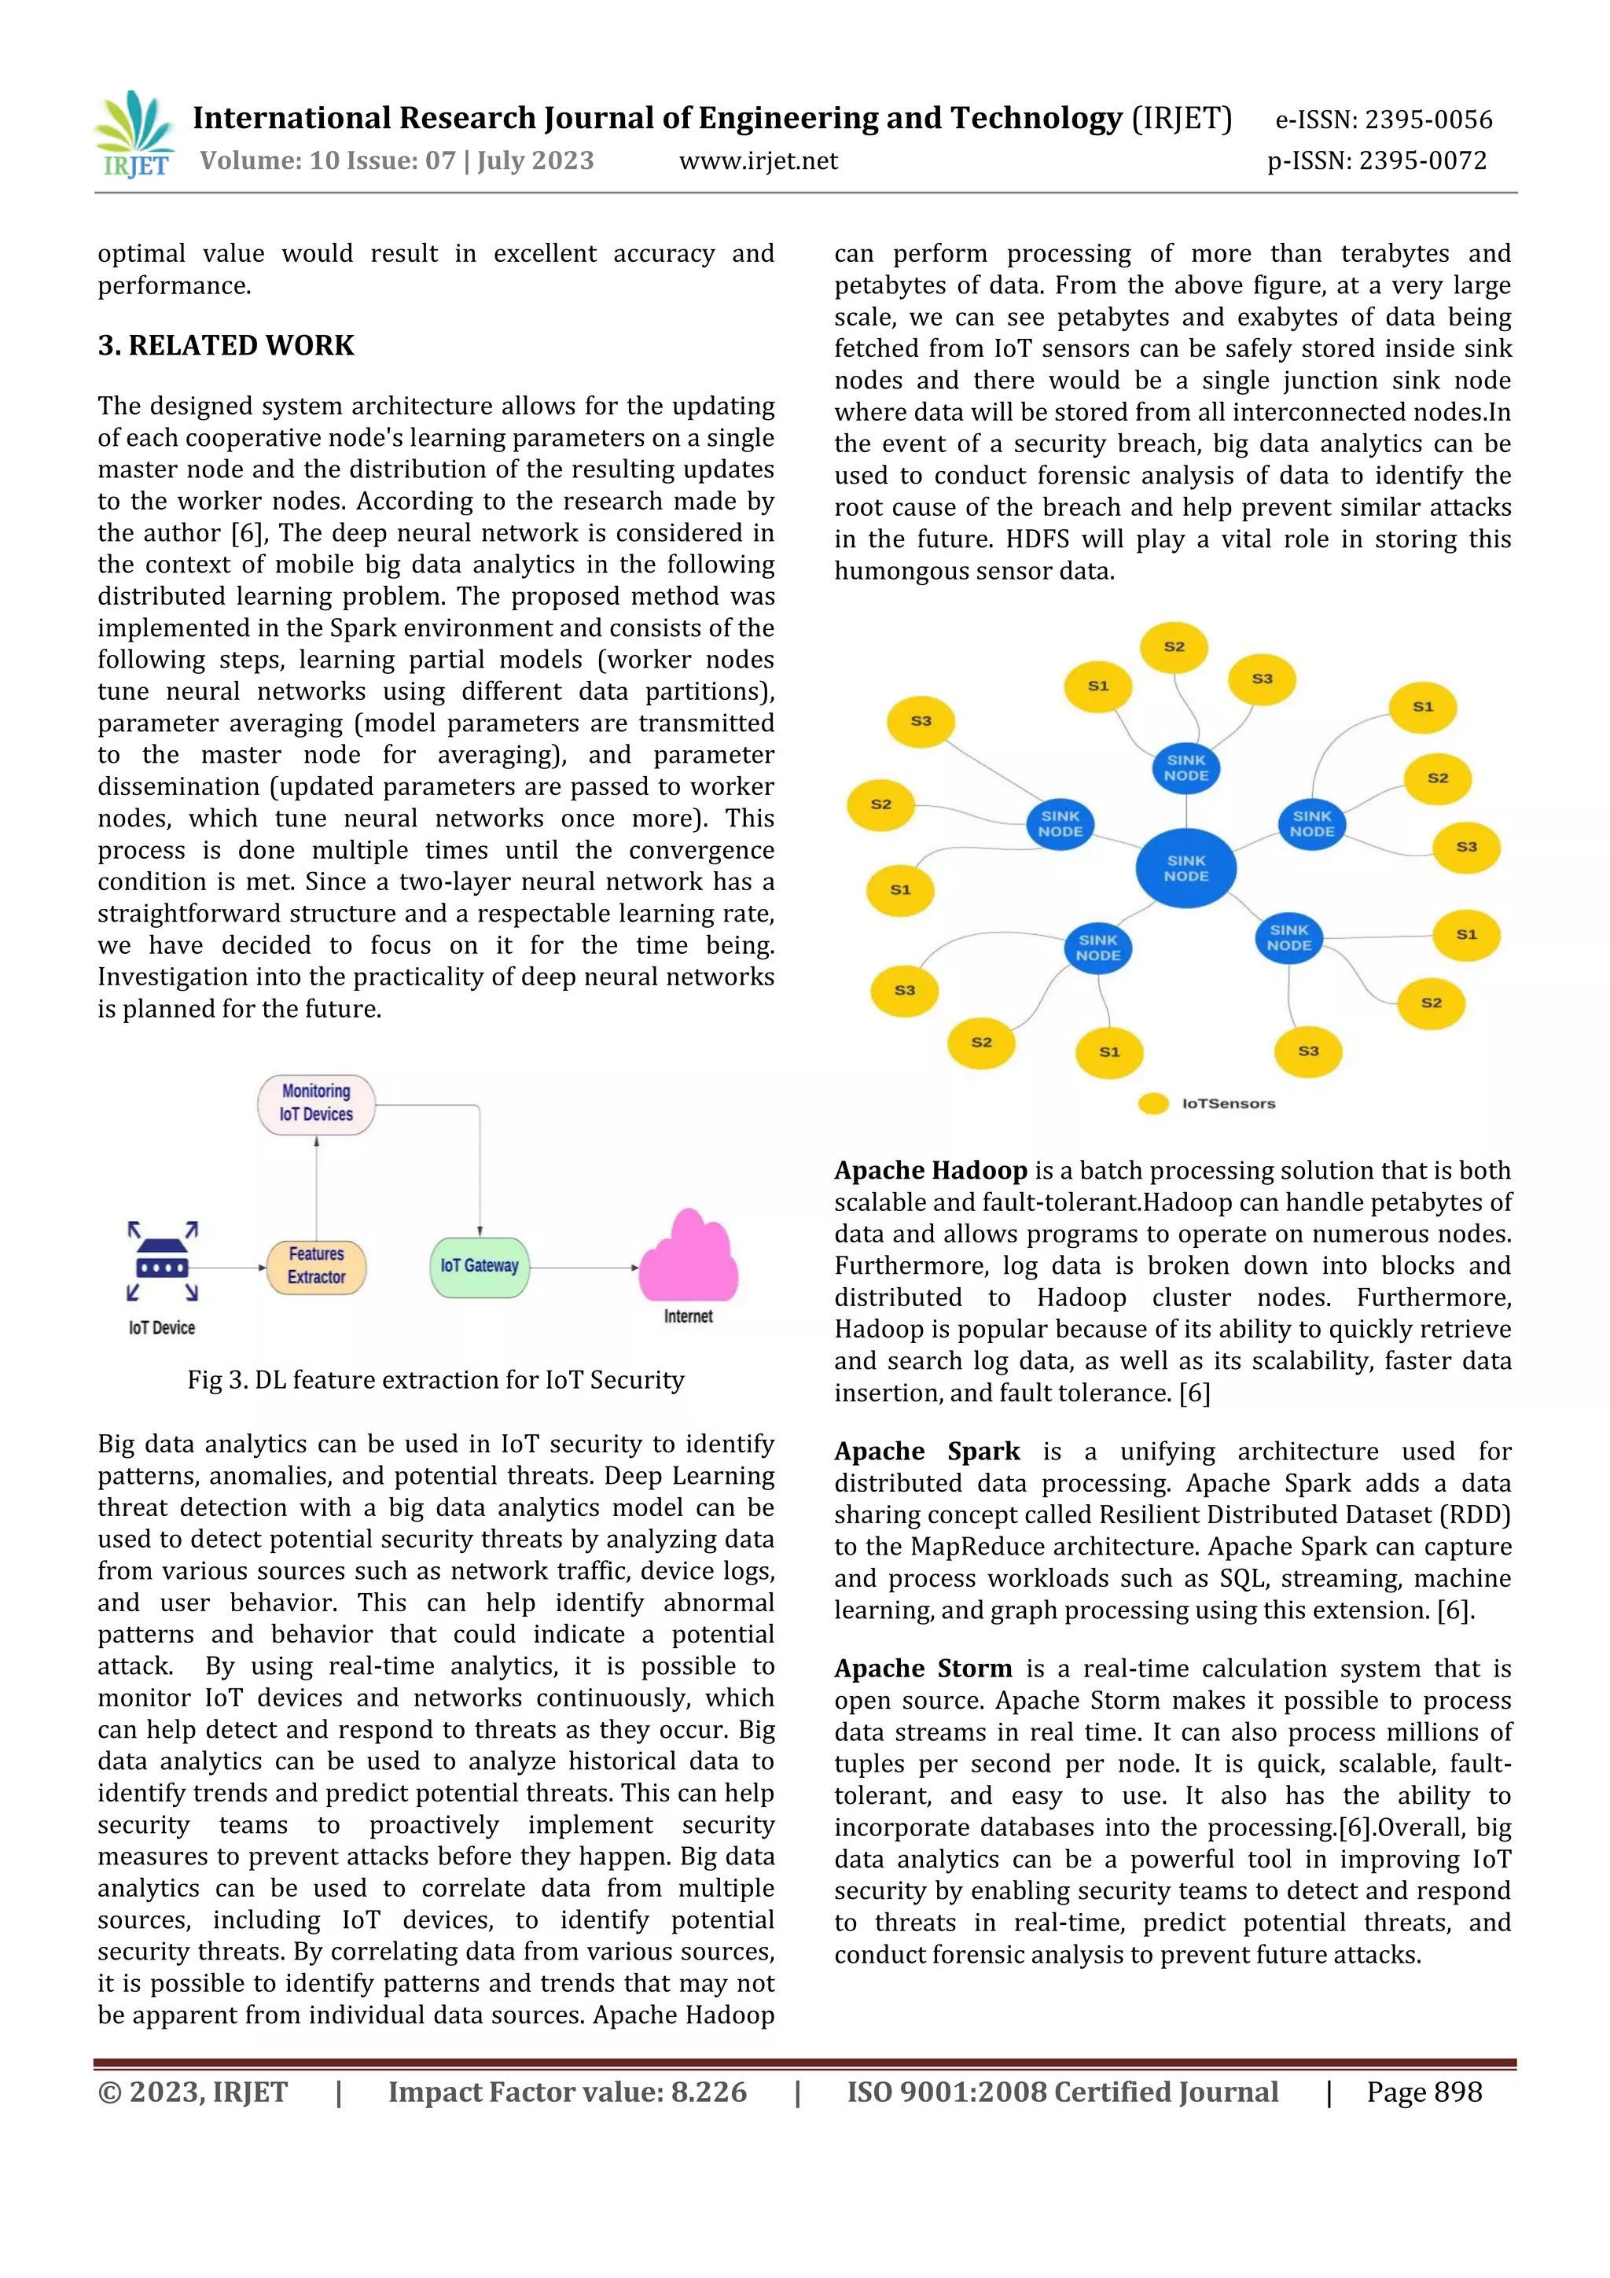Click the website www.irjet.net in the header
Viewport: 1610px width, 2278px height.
pyautogui.click(x=758, y=160)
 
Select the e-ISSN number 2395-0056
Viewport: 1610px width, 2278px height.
pyautogui.click(x=1428, y=120)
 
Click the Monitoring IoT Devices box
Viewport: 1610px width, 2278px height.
pyautogui.click(x=317, y=1103)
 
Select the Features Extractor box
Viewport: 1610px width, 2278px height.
pyautogui.click(x=317, y=1266)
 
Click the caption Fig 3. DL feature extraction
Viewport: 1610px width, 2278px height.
pyautogui.click(x=436, y=1380)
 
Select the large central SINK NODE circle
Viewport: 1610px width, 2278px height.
pyautogui.click(x=1186, y=868)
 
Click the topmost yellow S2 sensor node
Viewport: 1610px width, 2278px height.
pyautogui.click(x=1174, y=647)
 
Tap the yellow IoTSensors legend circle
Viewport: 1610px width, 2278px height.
pyautogui.click(x=1152, y=1103)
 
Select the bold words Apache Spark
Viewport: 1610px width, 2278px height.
pyautogui.click(x=927, y=1452)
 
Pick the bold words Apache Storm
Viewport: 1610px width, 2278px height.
pyautogui.click(x=923, y=1669)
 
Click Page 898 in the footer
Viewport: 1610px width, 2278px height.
pyautogui.click(x=1424, y=2092)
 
